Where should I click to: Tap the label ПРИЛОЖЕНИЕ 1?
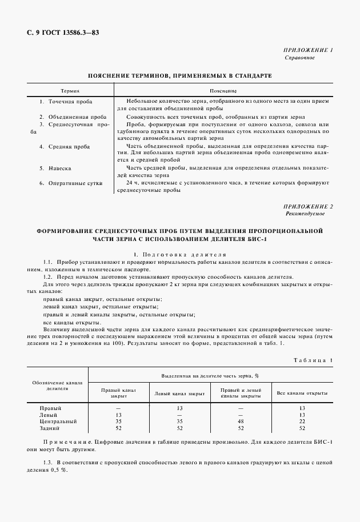(308, 50)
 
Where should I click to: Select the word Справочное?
(299, 58)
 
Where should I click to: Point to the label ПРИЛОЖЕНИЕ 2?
(308, 206)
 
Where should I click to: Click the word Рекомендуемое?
(305, 213)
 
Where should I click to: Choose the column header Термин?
(70, 91)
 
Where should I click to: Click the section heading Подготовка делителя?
(182, 254)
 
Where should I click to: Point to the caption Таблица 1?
(313, 360)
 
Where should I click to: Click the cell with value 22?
(302, 421)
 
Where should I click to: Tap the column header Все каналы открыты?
(302, 393)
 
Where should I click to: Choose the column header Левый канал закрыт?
(179, 393)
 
